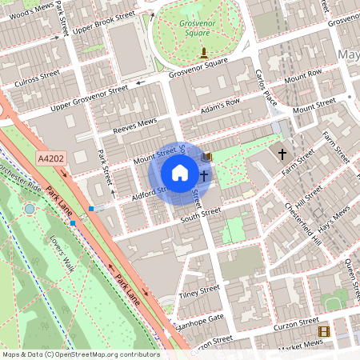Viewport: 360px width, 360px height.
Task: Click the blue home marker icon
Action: [180, 173]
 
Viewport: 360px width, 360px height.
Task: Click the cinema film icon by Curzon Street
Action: [323, 331]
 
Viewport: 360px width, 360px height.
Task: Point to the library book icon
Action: [208, 157]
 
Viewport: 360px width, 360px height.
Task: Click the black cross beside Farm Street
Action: [282, 152]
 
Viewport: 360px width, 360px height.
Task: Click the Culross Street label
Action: [37, 74]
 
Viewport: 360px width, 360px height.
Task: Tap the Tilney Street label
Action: [198, 292]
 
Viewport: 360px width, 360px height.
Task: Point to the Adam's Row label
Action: [221, 105]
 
